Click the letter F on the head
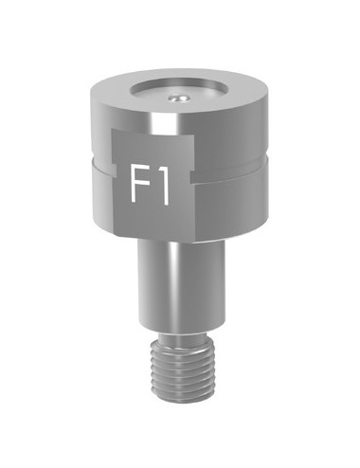[137, 186]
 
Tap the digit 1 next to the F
[162, 186]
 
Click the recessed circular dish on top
[180, 95]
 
